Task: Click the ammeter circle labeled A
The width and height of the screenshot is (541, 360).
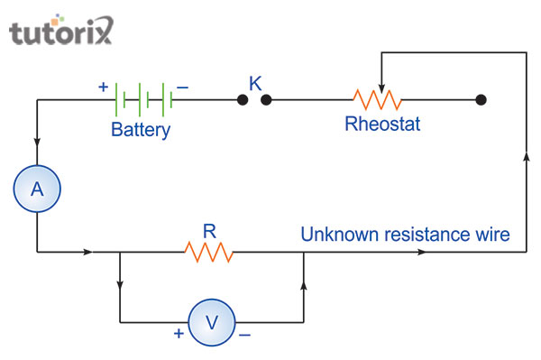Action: tap(37, 189)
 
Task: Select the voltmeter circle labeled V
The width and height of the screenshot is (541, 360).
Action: tap(211, 322)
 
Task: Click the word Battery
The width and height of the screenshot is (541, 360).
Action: tap(141, 130)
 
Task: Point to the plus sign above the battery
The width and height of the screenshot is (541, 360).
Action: tap(103, 88)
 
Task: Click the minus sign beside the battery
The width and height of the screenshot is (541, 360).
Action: tap(182, 88)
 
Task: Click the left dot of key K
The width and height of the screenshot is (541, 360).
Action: tap(243, 99)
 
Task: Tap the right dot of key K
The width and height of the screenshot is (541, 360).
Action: tap(266, 99)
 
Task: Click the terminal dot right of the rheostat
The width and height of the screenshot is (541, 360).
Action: tap(481, 99)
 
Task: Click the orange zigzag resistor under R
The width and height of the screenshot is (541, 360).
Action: tap(209, 252)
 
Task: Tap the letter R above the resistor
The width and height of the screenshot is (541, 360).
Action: tap(209, 231)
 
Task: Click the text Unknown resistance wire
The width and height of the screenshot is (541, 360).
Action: tap(405, 235)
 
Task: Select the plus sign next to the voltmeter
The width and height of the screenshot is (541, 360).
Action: tap(179, 333)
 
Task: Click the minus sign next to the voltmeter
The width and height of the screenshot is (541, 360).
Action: tap(243, 333)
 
